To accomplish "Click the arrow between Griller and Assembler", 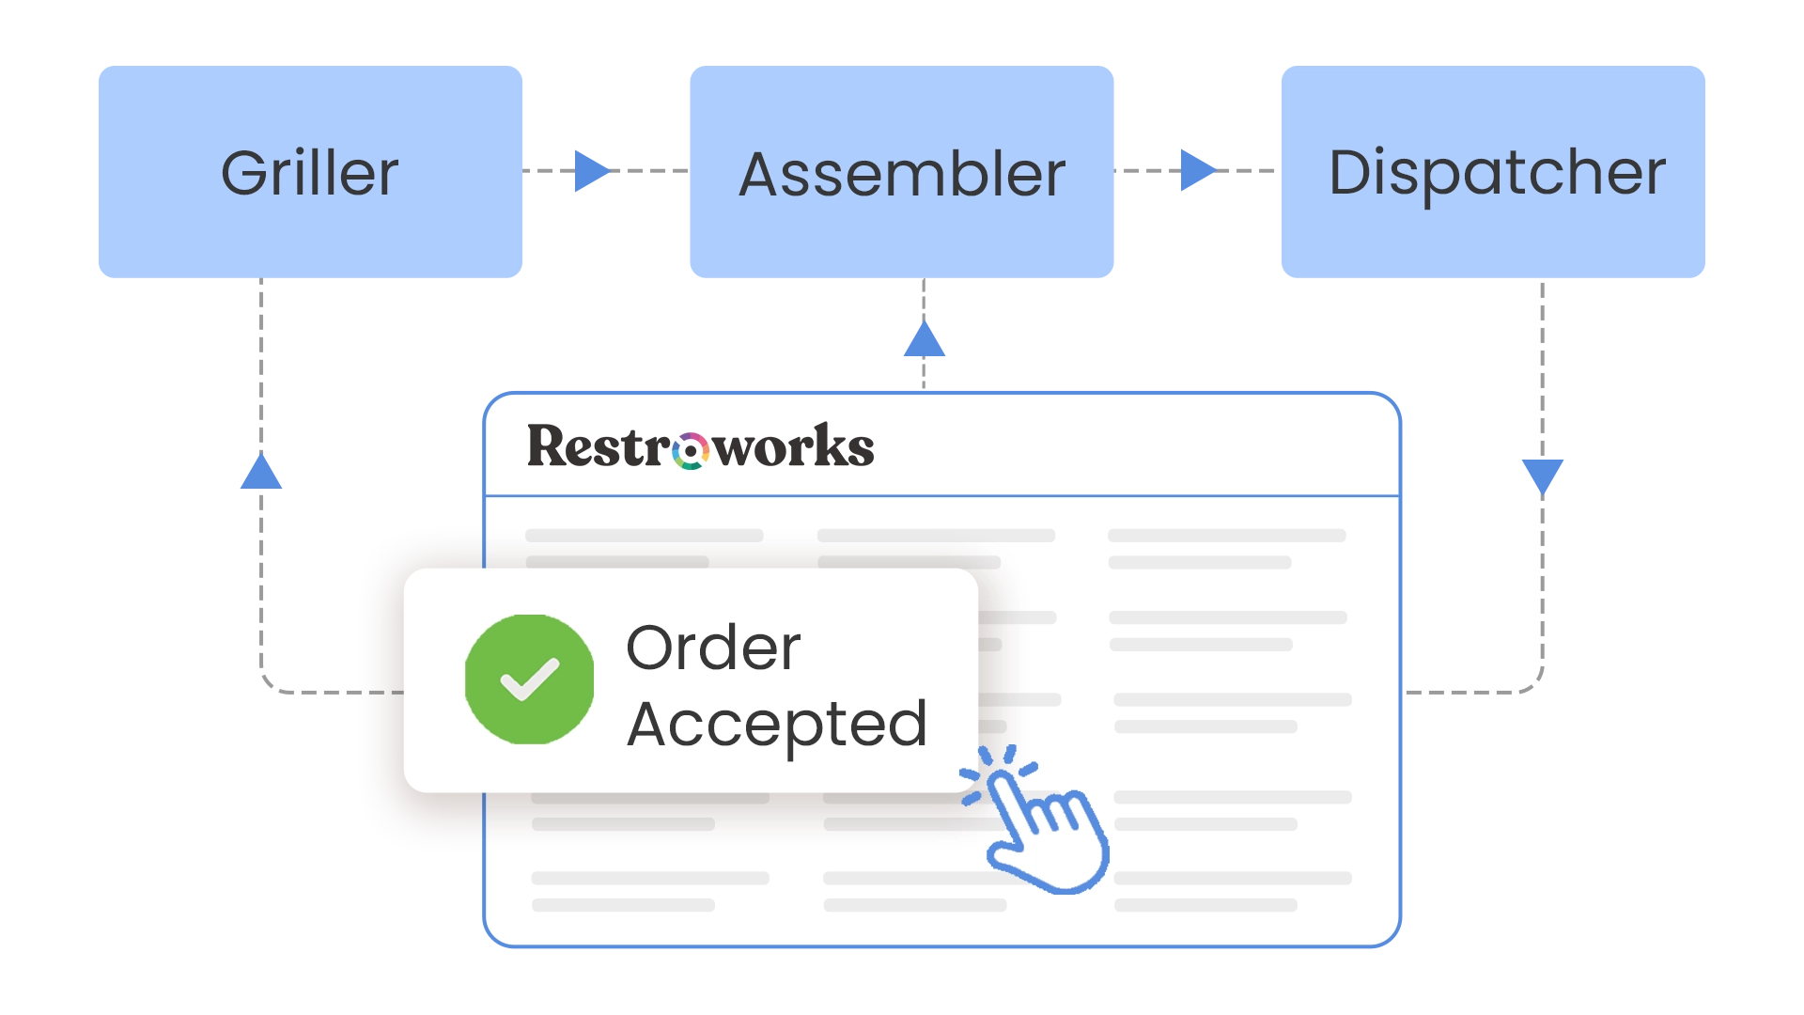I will (x=589, y=170).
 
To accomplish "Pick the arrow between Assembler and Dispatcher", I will (x=1196, y=170).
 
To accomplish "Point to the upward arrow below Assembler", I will (x=925, y=340).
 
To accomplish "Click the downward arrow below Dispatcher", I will (x=1544, y=474).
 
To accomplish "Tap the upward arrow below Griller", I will (x=260, y=472).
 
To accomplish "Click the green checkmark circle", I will (x=530, y=679).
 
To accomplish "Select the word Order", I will (x=713, y=648).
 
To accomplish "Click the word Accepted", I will (x=777, y=725).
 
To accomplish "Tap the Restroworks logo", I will (x=700, y=446).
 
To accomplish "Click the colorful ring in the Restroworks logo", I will (x=691, y=451).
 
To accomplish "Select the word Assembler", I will (x=902, y=175).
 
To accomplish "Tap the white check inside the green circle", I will (x=530, y=679).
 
